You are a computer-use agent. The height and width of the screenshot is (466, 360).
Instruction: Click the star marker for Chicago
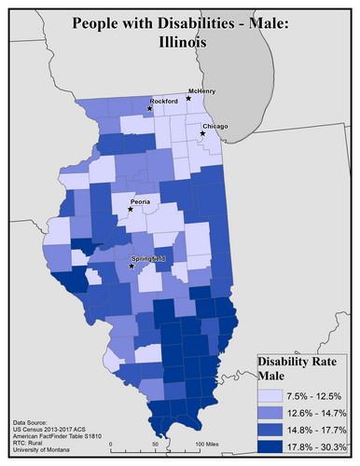tap(202, 134)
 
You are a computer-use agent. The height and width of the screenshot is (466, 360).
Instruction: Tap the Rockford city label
tap(163, 101)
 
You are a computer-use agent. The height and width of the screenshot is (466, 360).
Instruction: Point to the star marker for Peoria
tap(131, 209)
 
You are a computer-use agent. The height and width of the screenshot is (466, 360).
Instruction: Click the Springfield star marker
tap(131, 266)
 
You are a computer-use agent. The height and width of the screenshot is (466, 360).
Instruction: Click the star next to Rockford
tap(148, 109)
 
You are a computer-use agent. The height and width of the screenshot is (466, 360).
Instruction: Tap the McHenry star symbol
tap(188, 98)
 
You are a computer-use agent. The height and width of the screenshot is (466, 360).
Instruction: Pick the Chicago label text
tap(215, 126)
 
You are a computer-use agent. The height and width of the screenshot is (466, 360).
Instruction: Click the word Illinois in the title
tap(180, 42)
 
